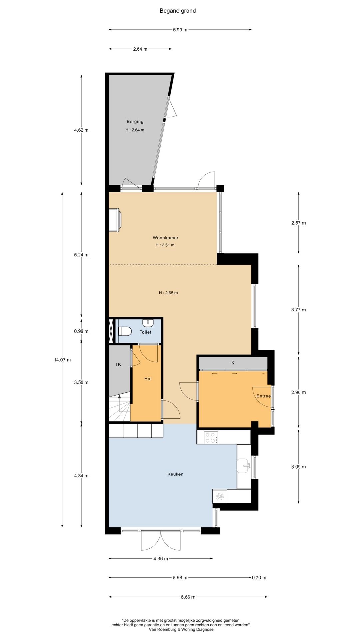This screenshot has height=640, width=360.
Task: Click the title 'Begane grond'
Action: [x=178, y=11]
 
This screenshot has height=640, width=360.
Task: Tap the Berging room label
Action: [x=135, y=122]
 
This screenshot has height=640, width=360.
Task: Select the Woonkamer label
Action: [x=166, y=238]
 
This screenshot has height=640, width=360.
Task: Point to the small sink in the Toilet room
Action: [x=148, y=323]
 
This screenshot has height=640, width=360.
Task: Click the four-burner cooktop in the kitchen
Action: [x=211, y=437]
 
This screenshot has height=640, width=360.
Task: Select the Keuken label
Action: [x=175, y=474]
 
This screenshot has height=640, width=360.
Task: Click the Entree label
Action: [x=263, y=396]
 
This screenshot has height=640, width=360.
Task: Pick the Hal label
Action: [x=148, y=379]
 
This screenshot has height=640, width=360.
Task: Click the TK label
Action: [x=118, y=364]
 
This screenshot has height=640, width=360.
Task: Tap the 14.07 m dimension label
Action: [x=62, y=360]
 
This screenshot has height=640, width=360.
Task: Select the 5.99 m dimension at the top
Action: [x=180, y=30]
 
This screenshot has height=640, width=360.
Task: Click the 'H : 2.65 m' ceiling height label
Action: [x=168, y=293]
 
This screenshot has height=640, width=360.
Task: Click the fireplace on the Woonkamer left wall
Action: [x=115, y=220]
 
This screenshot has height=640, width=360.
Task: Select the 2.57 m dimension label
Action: [x=298, y=223]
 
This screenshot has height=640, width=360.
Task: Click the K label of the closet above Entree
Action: [x=233, y=363]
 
